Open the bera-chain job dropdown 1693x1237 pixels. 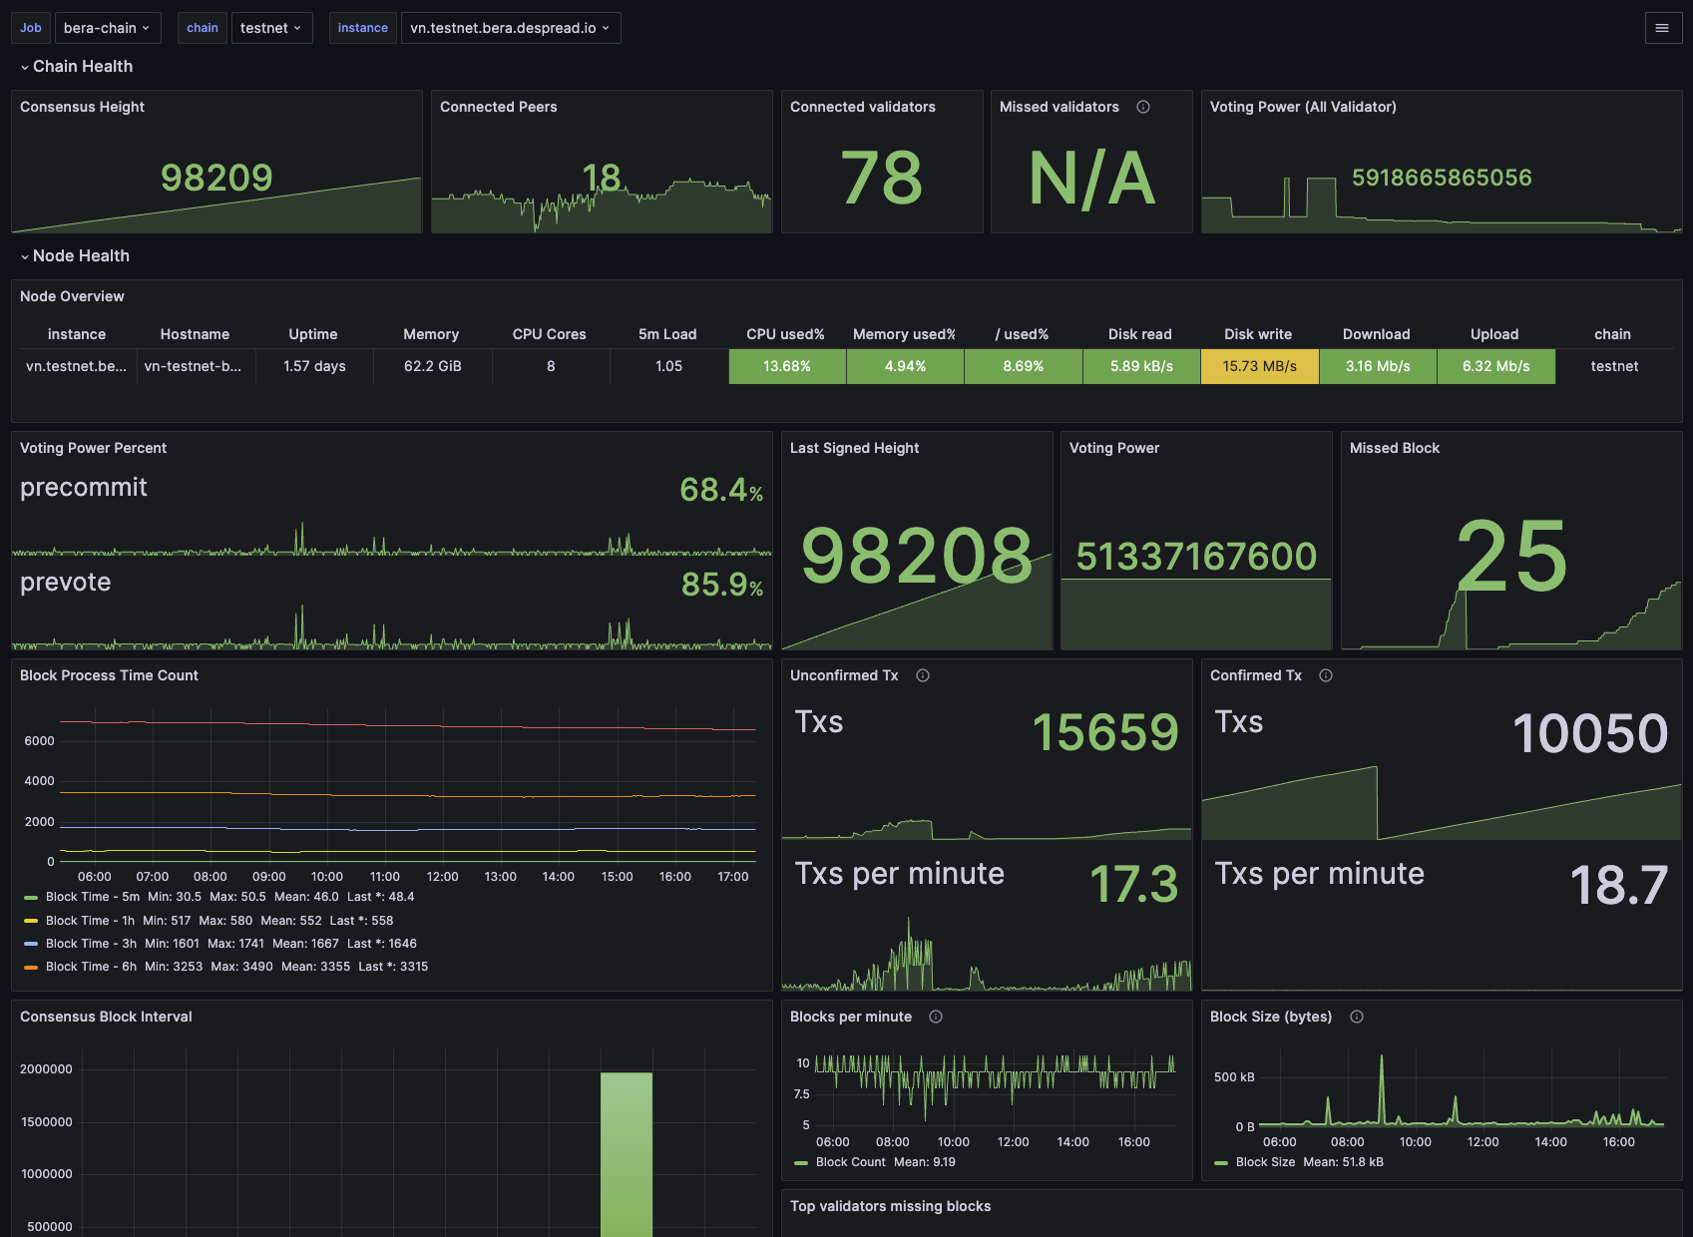coord(108,28)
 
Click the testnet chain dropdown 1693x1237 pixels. coord(271,28)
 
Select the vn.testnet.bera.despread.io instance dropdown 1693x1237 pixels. coord(510,28)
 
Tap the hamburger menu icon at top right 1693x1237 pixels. coord(1662,28)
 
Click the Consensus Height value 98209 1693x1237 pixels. coord(216,178)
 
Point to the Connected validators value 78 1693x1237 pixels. coord(881,178)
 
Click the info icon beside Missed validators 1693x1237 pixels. coord(1142,108)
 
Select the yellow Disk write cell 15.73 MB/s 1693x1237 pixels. coord(1259,366)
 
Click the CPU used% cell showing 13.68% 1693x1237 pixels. coord(787,366)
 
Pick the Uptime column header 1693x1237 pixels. coord(313,334)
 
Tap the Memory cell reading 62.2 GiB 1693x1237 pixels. coord(432,366)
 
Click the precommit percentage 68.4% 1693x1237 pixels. coord(721,490)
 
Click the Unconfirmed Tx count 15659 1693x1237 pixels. coord(1105,731)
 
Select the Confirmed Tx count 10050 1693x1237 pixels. coord(1590,733)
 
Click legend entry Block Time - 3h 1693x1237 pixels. coord(91,944)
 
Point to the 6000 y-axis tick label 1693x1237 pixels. coord(39,741)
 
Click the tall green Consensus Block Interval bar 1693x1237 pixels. coord(627,1154)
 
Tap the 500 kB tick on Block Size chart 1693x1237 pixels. coord(1233,1077)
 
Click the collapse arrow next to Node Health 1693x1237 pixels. coord(25,257)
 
